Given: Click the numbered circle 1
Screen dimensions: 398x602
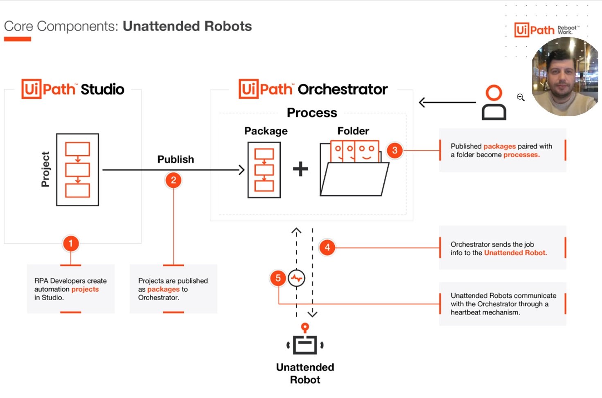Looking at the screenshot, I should click(x=70, y=244).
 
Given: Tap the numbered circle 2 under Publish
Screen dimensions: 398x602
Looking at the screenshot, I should click(x=174, y=180).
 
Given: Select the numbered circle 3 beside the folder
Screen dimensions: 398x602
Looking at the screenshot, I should click(x=395, y=150).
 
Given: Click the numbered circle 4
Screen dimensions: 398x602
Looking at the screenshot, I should click(x=327, y=247).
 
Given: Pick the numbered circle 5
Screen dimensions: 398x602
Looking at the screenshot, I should click(x=278, y=278).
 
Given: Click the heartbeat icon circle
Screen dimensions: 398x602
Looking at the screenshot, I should click(x=296, y=278).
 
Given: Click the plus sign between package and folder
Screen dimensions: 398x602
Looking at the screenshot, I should click(x=300, y=169).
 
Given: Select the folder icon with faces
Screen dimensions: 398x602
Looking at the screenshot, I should click(x=354, y=169).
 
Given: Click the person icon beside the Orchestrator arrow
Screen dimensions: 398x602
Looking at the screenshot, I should click(x=494, y=102).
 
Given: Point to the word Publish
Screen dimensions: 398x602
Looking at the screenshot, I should click(x=176, y=159).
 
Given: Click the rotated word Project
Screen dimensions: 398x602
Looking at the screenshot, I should click(x=45, y=169).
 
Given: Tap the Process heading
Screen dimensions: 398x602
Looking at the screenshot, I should click(x=312, y=113).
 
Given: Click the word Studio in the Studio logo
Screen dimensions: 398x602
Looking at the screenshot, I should click(x=102, y=89).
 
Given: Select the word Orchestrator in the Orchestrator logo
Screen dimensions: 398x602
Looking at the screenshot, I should click(x=343, y=89).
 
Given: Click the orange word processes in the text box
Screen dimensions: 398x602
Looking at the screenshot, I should click(x=521, y=155).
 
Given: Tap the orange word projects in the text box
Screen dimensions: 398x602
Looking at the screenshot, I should click(x=85, y=289).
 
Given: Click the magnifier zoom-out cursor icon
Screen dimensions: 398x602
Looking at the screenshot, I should click(x=521, y=97).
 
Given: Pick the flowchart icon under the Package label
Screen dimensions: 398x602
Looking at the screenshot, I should click(x=264, y=170).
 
